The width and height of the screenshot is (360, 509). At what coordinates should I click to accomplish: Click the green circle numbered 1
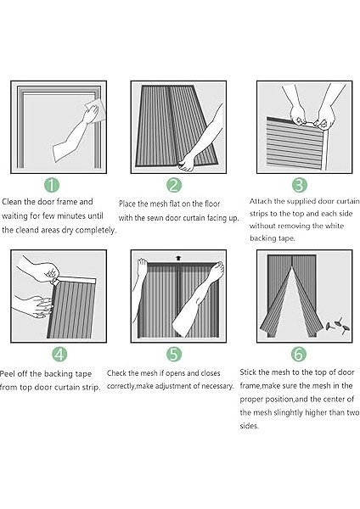(52, 185)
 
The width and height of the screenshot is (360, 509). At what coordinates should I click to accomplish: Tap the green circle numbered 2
(174, 185)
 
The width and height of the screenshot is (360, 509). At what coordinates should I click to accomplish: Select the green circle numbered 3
(299, 185)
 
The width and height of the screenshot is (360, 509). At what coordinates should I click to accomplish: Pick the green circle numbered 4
(59, 354)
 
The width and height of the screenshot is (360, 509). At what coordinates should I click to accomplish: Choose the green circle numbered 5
(174, 354)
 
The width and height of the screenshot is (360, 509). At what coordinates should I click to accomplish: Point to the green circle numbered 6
(299, 354)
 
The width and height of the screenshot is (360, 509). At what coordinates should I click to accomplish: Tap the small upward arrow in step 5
(178, 259)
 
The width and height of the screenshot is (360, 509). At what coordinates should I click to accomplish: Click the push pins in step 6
(338, 326)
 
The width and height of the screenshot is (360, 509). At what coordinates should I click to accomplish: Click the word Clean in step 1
(12, 202)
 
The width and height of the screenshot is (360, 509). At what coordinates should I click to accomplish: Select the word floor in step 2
(212, 204)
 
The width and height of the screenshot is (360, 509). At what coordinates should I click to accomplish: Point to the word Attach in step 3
(261, 201)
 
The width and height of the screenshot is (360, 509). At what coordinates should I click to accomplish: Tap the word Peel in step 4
(7, 373)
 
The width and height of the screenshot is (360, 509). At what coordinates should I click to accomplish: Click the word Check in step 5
(116, 373)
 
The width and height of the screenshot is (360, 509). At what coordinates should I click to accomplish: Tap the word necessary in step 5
(217, 386)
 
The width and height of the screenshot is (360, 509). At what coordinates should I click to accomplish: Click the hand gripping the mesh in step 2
(187, 162)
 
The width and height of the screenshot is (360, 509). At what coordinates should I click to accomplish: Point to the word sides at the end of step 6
(250, 426)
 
